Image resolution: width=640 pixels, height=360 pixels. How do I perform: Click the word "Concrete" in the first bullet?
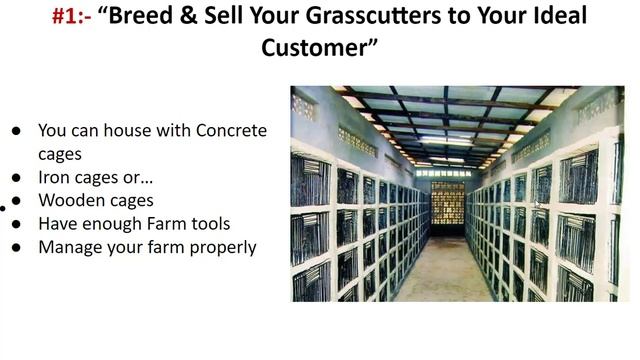point(231,130)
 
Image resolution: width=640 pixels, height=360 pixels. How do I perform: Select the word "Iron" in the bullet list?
point(55,177)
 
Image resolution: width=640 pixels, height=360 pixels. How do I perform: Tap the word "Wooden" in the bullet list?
point(69,200)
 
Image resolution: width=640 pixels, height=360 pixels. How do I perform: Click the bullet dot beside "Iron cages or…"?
point(17,177)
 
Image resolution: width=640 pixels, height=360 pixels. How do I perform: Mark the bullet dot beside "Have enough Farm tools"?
point(17,224)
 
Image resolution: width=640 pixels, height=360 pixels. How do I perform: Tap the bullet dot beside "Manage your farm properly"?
point(17,247)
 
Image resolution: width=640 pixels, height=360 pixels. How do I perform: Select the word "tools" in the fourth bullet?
point(211,223)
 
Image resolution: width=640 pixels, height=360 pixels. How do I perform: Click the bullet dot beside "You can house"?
point(17,131)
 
